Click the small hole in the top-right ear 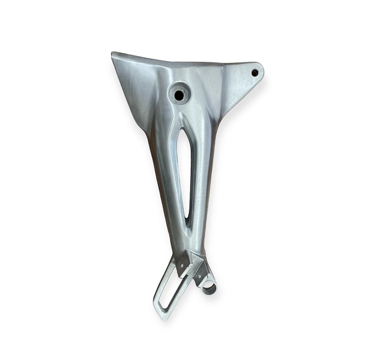point(255,72)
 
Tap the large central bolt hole point(180,95)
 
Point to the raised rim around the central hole point(171,90)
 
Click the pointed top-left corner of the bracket point(113,54)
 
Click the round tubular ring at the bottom point(209,288)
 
